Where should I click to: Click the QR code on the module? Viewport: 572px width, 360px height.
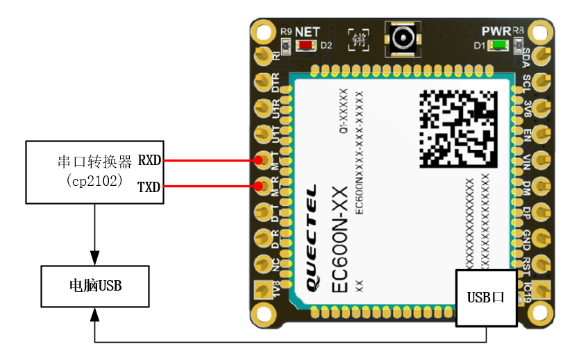coord(458,128)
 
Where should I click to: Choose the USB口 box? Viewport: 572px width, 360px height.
coord(486,298)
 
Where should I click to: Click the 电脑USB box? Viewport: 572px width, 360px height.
coord(95,285)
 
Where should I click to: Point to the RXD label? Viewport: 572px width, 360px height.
coord(149,161)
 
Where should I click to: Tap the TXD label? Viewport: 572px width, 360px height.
coord(149,187)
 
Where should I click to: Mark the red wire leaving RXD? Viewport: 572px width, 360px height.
coord(208,161)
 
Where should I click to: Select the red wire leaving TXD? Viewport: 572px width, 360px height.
coord(208,187)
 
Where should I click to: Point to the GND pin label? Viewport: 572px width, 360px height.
coord(527,238)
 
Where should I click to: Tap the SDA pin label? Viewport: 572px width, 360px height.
coord(527,55)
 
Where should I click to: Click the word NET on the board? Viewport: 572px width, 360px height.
coord(307,32)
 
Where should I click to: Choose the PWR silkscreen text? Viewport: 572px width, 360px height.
coord(496,32)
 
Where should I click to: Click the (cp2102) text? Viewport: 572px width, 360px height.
coord(95,180)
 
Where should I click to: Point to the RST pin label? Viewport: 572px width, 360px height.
coord(527,264)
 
